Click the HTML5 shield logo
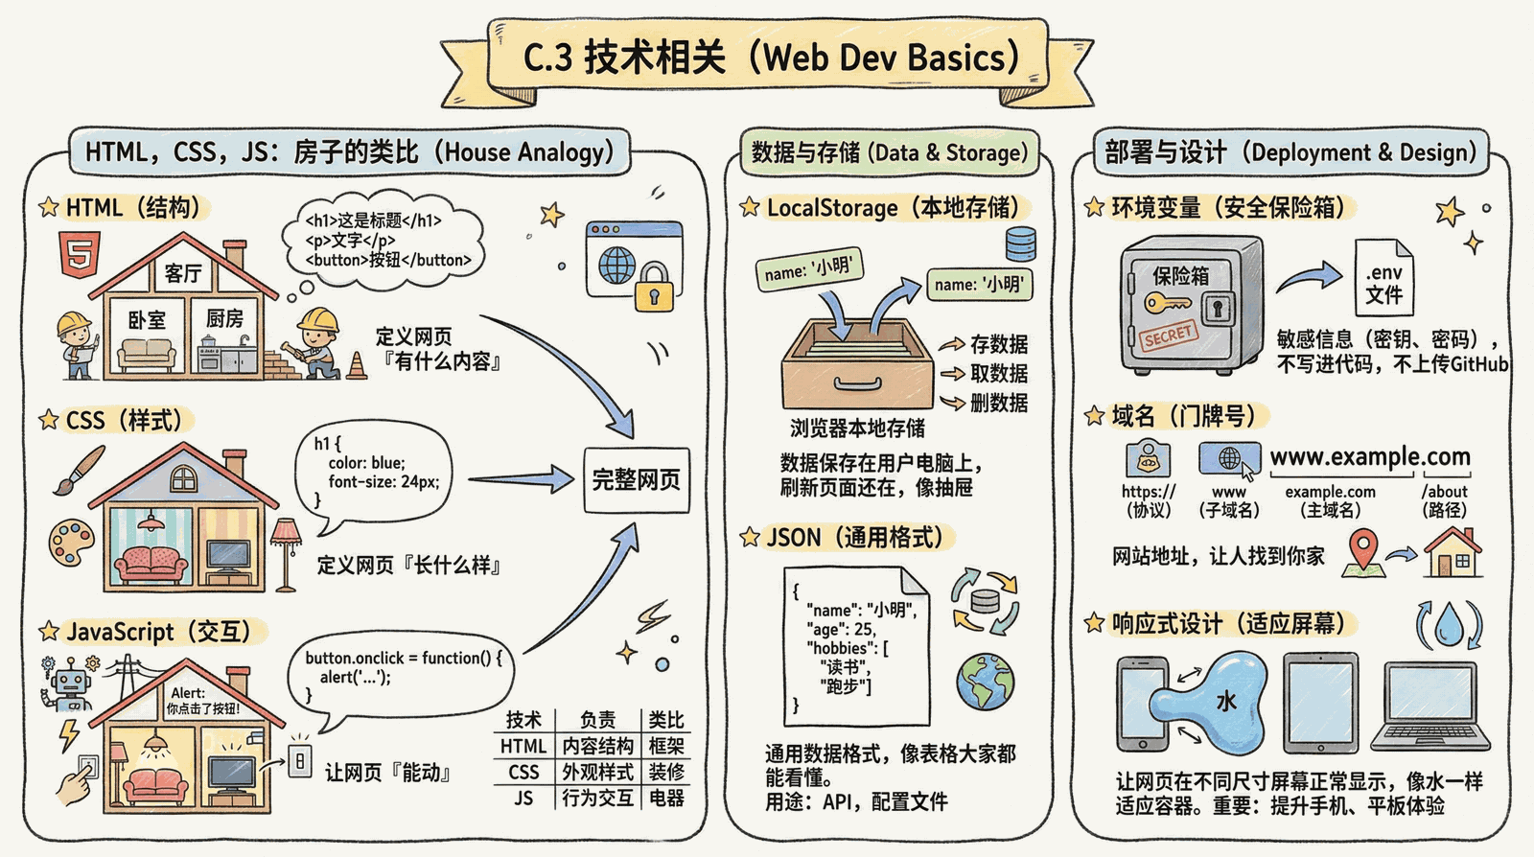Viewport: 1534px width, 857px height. [x=81, y=254]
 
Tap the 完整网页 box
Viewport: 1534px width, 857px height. [x=637, y=480]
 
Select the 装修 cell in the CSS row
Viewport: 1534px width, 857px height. [x=666, y=772]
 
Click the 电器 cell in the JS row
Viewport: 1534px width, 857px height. [x=666, y=799]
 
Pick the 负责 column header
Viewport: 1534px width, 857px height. [x=597, y=719]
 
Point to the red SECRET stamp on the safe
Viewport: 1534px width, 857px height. [x=1169, y=335]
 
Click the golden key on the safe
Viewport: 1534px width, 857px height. [x=1167, y=303]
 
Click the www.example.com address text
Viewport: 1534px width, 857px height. [x=1370, y=456]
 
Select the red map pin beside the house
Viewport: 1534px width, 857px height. [x=1362, y=548]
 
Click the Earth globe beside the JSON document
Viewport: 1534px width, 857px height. [x=986, y=682]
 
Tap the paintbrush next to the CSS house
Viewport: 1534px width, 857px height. [x=80, y=470]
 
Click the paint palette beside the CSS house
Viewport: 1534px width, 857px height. [x=72, y=543]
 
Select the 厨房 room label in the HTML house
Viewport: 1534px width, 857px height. [x=224, y=318]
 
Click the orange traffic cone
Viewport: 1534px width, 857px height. [x=356, y=365]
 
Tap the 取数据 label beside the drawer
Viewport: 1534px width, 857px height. [x=999, y=374]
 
